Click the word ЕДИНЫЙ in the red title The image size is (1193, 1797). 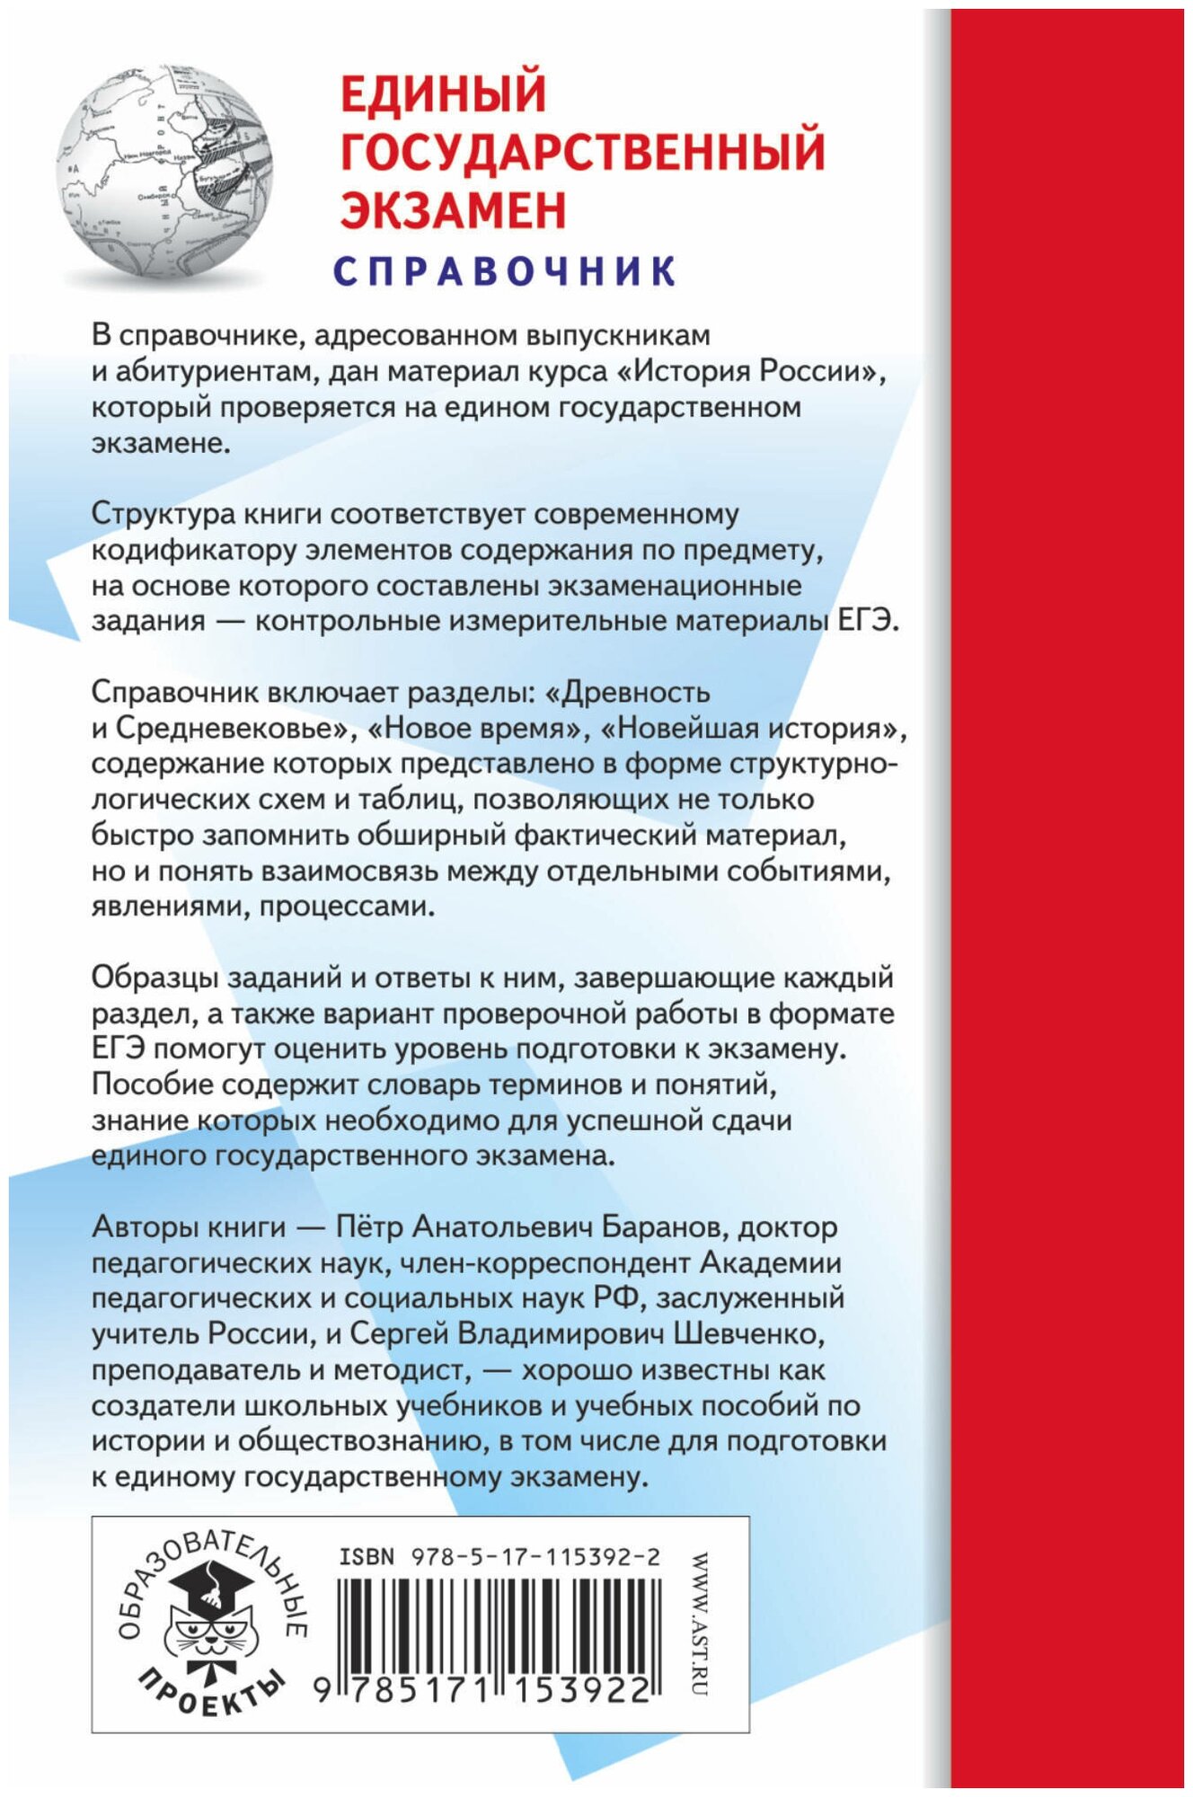coord(443,93)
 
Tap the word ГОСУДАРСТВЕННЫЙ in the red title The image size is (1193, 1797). coord(582,151)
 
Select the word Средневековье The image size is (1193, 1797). coord(230,729)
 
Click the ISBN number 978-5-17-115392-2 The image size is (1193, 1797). coord(534,1557)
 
